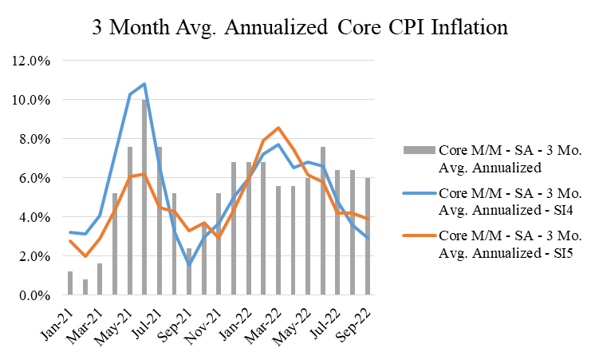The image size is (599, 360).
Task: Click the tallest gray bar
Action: click(144, 197)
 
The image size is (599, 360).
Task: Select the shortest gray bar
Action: click(85, 287)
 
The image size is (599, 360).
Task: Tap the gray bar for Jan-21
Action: click(70, 283)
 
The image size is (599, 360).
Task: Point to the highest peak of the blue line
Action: click(144, 84)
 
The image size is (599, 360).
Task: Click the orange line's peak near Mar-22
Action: click(278, 128)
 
